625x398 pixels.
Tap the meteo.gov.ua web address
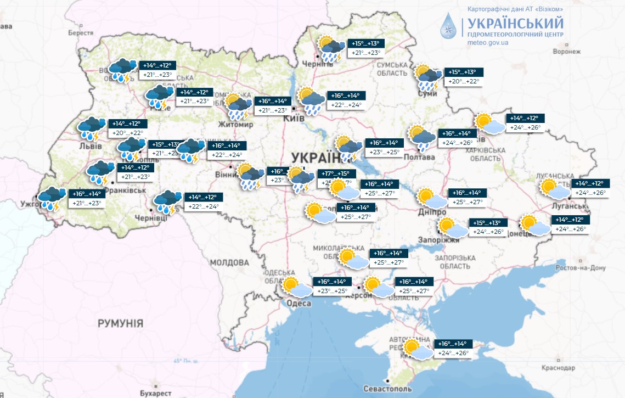488,42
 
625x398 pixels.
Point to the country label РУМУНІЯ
121,323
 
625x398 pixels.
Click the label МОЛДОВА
230,262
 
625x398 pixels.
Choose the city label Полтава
419,157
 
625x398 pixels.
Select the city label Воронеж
566,52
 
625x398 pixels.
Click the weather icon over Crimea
417,349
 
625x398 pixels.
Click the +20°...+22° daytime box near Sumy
464,82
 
